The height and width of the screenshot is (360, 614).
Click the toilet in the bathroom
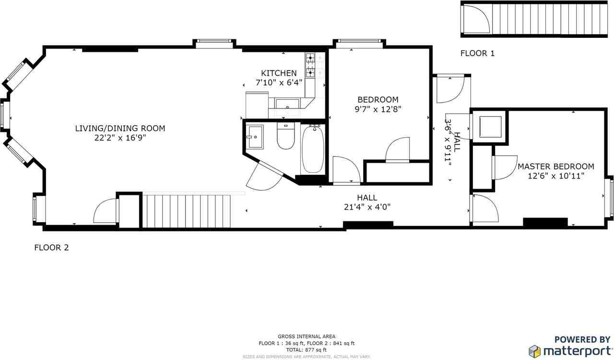pos(285,138)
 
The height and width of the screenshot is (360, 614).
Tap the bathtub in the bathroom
pos(313,148)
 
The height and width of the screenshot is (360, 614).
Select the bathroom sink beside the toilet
pos(255,137)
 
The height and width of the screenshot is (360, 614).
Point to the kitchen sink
pos(287,103)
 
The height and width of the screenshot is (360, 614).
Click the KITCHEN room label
pos(279,73)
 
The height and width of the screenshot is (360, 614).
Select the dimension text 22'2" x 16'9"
pos(120,138)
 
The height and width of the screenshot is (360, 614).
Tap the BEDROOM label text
pos(377,99)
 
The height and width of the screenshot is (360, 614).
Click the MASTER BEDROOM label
pos(555,167)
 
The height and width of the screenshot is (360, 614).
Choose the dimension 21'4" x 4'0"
pos(367,207)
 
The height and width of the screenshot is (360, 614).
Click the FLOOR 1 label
pos(477,53)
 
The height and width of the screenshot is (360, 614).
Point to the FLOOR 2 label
pos(51,248)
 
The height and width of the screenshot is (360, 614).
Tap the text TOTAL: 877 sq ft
pos(307,350)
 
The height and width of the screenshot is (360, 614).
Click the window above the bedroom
pos(359,44)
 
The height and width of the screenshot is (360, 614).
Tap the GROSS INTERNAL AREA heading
pos(307,336)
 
